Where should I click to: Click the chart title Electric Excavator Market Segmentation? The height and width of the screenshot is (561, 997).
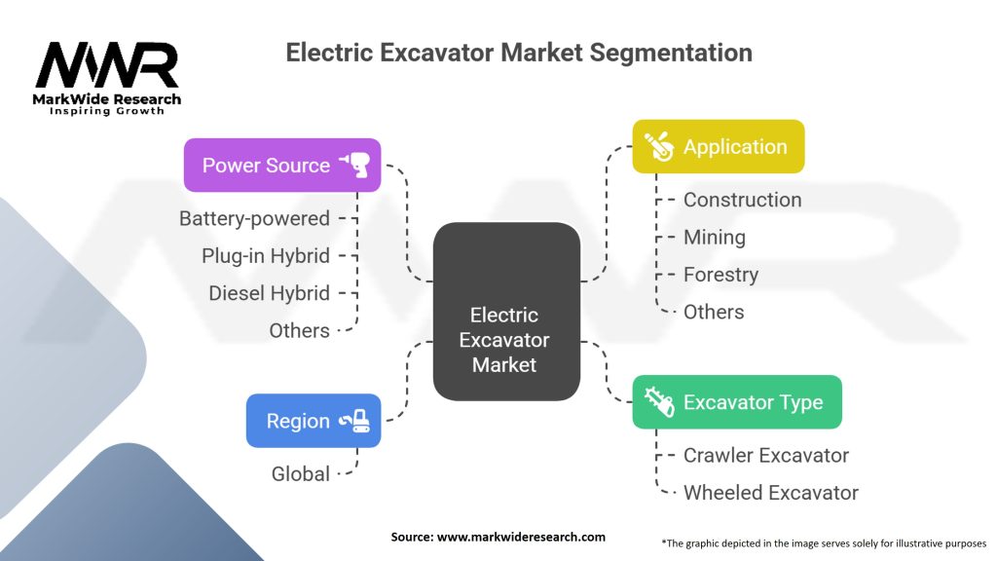pyautogui.click(x=519, y=52)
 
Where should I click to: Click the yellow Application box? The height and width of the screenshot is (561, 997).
pyautogui.click(x=719, y=147)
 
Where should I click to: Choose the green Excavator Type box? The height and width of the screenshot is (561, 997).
pyautogui.click(x=737, y=402)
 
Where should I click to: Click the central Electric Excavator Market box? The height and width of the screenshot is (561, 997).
pyautogui.click(x=505, y=340)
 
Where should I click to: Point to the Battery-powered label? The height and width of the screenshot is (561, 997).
pyautogui.click(x=254, y=218)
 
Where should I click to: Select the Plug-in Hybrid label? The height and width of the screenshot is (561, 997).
pyautogui.click(x=266, y=256)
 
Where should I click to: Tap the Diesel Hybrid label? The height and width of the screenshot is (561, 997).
pyautogui.click(x=269, y=293)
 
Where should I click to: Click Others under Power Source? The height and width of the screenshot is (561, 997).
pyautogui.click(x=299, y=330)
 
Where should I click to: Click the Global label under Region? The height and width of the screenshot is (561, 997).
pyautogui.click(x=300, y=473)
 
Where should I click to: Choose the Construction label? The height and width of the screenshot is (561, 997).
pyautogui.click(x=742, y=200)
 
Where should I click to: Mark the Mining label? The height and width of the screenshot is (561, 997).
pyautogui.click(x=714, y=237)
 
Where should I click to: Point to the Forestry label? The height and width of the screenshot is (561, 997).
pyautogui.click(x=721, y=275)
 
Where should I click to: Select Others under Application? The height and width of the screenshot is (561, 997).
pyautogui.click(x=713, y=312)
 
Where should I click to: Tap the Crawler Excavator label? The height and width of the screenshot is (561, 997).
pyautogui.click(x=765, y=455)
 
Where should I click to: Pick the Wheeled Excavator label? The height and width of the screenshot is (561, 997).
pyautogui.click(x=770, y=493)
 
